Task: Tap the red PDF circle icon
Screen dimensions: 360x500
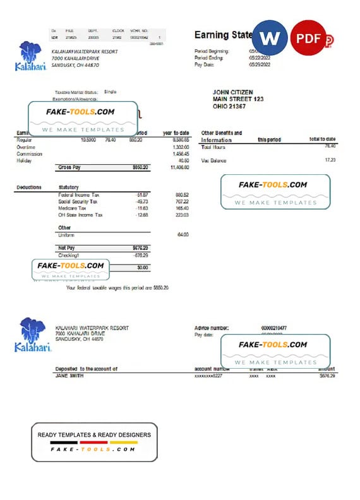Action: coord(308,38)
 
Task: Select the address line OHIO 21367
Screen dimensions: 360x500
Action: coord(229,106)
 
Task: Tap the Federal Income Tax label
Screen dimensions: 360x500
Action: coord(78,194)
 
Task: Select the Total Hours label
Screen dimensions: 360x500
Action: coord(213,146)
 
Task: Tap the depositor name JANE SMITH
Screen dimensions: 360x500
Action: coord(69,376)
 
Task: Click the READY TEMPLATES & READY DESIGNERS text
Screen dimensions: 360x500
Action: coord(94,435)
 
